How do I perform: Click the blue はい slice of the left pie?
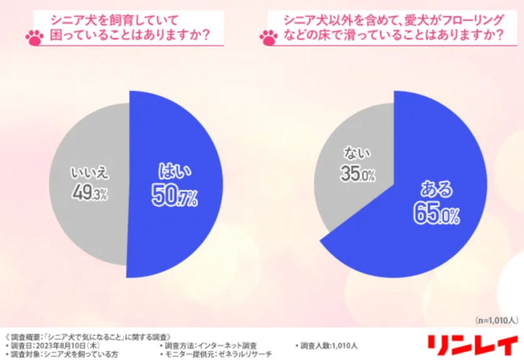pyautogui.click(x=182, y=225)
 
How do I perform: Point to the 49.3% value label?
pyautogui.click(x=89, y=194)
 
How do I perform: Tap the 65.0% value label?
pyautogui.click(x=436, y=215)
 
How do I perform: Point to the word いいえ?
pyautogui.click(x=89, y=172)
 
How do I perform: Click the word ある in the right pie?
pyautogui.click(x=436, y=189)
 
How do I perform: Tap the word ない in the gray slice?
pyautogui.click(x=357, y=152)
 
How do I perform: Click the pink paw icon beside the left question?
pyautogui.click(x=34, y=38)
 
